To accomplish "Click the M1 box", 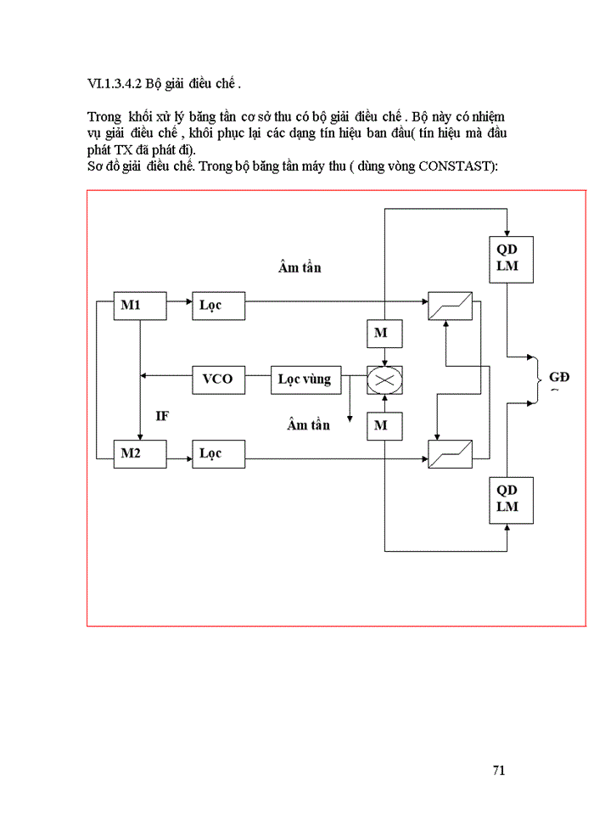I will tap(140, 306).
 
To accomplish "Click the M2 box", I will tap(140, 453).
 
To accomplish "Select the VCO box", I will tap(218, 379).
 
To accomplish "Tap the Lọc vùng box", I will tap(305, 379).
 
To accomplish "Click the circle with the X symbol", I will tap(384, 379).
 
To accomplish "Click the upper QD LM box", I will tap(507, 259).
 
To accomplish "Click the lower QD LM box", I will tap(507, 499).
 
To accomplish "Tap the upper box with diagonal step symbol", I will tap(451, 306).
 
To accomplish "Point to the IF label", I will tap(162, 416).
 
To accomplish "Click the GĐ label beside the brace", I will tap(559, 377).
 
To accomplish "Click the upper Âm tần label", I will tap(300, 267).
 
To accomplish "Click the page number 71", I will tap(499, 770).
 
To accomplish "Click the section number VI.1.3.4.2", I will tap(115, 84).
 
